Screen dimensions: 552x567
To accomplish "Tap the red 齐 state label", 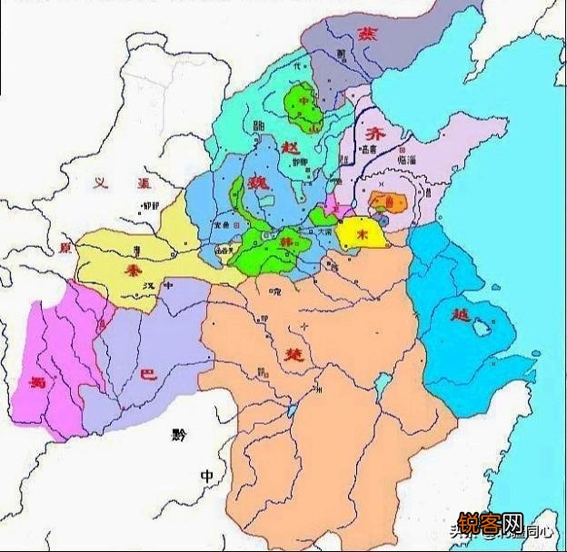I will click(373, 133).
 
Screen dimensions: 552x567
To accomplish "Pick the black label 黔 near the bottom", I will click(176, 435).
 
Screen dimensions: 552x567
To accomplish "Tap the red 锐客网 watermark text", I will click(490, 525).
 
